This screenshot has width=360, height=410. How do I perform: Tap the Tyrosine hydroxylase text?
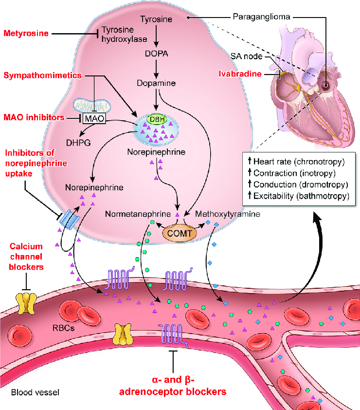pos(120,34)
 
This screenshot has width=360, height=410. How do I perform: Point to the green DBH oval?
pos(156,120)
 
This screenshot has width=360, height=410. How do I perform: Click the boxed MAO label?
pos(94,119)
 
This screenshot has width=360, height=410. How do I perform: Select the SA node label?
pos(260,56)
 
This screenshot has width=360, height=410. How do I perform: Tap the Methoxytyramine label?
pos(227,214)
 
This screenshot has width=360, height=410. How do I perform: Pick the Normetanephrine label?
pos(138,214)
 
